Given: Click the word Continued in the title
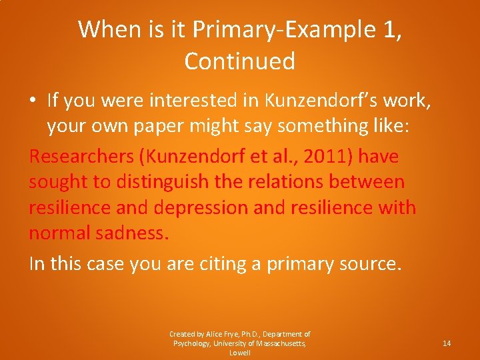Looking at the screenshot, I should [239, 61].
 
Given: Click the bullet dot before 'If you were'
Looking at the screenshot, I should [35, 101].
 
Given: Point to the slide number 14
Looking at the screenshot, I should [447, 343].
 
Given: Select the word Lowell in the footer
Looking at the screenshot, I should [240, 353].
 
